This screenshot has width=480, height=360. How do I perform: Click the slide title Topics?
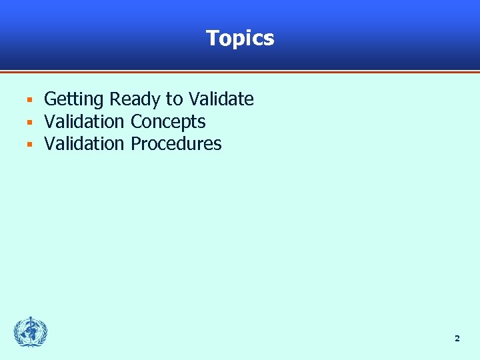pyautogui.click(x=240, y=38)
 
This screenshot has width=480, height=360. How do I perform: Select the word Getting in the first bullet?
pyautogui.click(x=74, y=100)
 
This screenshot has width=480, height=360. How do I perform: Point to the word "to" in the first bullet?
pyautogui.click(x=174, y=100)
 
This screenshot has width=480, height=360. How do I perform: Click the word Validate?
pyautogui.click(x=221, y=99)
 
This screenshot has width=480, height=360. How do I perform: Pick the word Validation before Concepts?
pyautogui.click(x=84, y=122)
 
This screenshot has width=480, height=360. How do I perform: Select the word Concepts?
pyautogui.click(x=168, y=123)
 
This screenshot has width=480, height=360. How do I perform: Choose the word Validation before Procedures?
pyautogui.click(x=84, y=144)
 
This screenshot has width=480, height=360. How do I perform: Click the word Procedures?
pyautogui.click(x=176, y=144)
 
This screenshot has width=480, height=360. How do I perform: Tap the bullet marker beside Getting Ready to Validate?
pyautogui.click(x=29, y=101)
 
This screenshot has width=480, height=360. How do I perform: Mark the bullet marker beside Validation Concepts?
pyautogui.click(x=29, y=123)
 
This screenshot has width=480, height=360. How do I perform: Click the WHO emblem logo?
pyautogui.click(x=31, y=332)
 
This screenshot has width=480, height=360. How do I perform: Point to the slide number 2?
pyautogui.click(x=457, y=339)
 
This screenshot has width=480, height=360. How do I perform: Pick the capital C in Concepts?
pyautogui.click(x=136, y=122)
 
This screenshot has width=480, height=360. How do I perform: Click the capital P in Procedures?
pyautogui.click(x=136, y=144)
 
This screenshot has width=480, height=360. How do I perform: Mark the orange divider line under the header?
pyautogui.click(x=240, y=71)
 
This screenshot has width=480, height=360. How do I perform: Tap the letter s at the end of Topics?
pyautogui.click(x=269, y=39)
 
